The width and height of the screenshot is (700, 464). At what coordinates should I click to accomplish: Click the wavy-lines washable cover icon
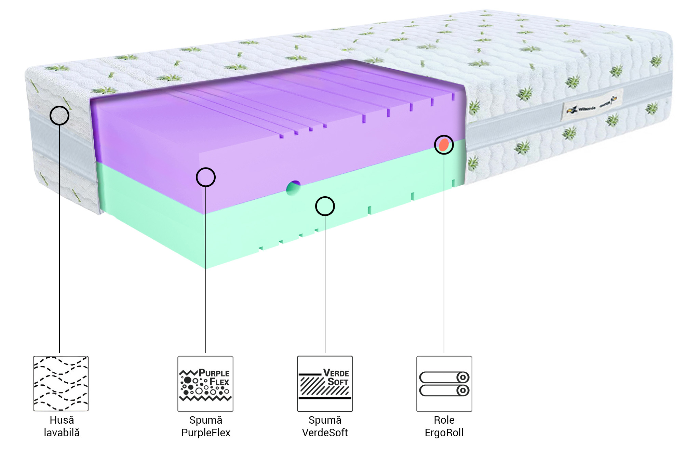pyautogui.click(x=61, y=383)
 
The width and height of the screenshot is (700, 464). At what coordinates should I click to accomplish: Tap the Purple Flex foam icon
pyautogui.click(x=205, y=384)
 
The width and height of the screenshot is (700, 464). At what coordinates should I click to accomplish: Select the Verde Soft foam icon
pyautogui.click(x=325, y=384)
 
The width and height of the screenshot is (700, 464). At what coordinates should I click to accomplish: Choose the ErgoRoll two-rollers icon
pyautogui.click(x=444, y=384)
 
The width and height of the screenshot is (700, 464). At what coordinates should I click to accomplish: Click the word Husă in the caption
pyautogui.click(x=62, y=420)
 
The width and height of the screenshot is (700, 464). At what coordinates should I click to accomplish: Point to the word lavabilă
pyautogui.click(x=62, y=433)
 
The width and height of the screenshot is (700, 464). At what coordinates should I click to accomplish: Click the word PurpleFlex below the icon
pyautogui.click(x=206, y=433)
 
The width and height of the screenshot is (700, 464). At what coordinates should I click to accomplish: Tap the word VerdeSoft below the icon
pyautogui.click(x=325, y=433)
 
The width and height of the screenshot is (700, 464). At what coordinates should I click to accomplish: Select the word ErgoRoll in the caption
pyautogui.click(x=444, y=433)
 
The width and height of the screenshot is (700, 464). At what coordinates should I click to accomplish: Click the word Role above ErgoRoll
pyautogui.click(x=444, y=420)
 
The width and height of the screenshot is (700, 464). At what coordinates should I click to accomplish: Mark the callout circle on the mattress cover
pyautogui.click(x=59, y=115)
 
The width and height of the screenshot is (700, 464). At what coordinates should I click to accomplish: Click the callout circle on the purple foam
pyautogui.click(x=206, y=177)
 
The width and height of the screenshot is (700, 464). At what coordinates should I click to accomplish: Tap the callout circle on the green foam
pyautogui.click(x=325, y=206)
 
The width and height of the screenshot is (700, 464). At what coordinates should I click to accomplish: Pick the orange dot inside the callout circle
pyautogui.click(x=444, y=145)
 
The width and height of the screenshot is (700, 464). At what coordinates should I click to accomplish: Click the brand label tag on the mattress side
pyautogui.click(x=592, y=105)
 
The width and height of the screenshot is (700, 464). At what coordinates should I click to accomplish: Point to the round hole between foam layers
pyautogui.click(x=293, y=188)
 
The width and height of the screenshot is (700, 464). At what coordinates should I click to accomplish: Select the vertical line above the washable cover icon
pyautogui.click(x=59, y=239)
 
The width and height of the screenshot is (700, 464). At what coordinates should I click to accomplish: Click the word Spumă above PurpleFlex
pyautogui.click(x=206, y=420)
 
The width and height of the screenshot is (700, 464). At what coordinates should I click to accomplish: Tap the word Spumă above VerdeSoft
pyautogui.click(x=325, y=420)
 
